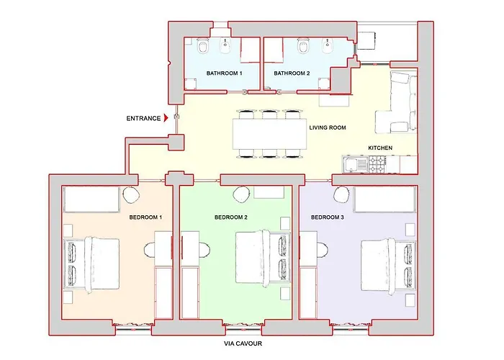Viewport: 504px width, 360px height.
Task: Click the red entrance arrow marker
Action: click(x=166, y=118)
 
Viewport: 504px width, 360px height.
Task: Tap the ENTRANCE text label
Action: click(x=143, y=118)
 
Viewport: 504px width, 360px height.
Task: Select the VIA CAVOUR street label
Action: click(x=243, y=343)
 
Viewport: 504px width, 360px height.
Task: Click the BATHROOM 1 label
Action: click(x=225, y=73)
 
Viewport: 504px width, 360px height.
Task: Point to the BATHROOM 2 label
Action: click(x=292, y=73)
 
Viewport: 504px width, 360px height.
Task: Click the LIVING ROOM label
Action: click(x=328, y=127)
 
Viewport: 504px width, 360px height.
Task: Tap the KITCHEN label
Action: click(x=380, y=148)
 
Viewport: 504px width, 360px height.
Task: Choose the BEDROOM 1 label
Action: click(x=145, y=217)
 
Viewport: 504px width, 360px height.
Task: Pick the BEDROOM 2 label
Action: click(x=231, y=217)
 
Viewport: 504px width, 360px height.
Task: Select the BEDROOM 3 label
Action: click(x=327, y=217)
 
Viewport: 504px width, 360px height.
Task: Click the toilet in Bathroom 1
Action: click(x=202, y=46)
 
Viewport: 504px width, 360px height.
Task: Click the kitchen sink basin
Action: click(x=349, y=164)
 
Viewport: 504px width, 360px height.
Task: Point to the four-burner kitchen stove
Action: click(x=378, y=164)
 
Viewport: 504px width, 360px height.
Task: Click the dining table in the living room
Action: click(x=270, y=134)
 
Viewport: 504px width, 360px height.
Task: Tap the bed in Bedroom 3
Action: click(x=388, y=267)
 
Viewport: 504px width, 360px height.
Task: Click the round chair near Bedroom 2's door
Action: click(x=241, y=194)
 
